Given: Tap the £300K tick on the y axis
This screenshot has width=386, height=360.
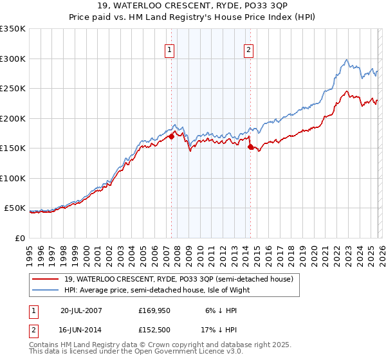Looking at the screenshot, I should click(x=13, y=59).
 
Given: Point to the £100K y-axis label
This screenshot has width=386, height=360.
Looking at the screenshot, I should click(x=13, y=178).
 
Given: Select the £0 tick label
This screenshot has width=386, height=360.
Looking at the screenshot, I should click(x=19, y=238).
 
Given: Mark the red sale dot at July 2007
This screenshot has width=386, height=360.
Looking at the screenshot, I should click(x=171, y=136).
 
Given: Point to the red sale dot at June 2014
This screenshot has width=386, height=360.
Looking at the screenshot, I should click(x=250, y=147).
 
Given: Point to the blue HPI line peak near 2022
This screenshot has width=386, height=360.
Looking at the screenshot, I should click(x=347, y=60).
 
